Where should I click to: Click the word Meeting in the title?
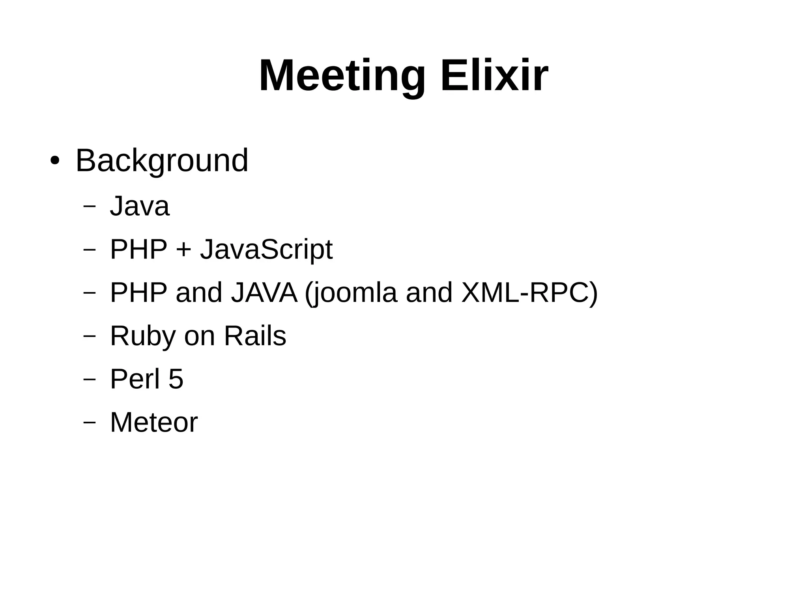pyautogui.click(x=342, y=76)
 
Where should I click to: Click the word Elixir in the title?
pyautogui.click(x=494, y=75)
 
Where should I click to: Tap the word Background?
pyautogui.click(x=162, y=161)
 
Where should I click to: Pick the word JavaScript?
pyautogui.click(x=266, y=249)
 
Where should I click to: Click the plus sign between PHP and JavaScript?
pyautogui.click(x=183, y=250)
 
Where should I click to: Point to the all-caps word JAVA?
pyautogui.click(x=264, y=292)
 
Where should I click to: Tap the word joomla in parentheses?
pyautogui.click(x=353, y=293)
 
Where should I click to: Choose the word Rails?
pyautogui.click(x=255, y=336)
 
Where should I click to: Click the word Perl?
pyautogui.click(x=135, y=379)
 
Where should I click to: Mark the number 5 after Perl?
pyautogui.click(x=176, y=379)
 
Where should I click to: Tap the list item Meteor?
pyautogui.click(x=154, y=422)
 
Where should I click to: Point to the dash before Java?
pyautogui.click(x=90, y=206)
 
